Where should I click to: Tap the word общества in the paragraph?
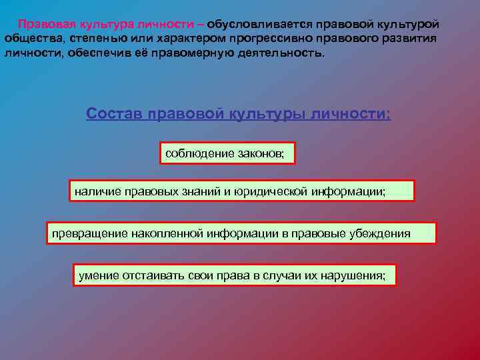tap(31, 38)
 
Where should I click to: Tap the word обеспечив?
tap(93, 52)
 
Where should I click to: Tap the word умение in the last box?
tap(97, 275)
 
